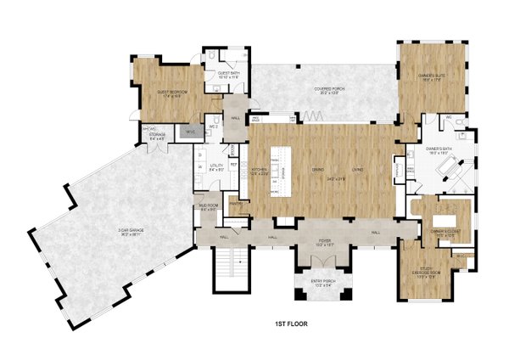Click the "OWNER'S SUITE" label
pos(433,77)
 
